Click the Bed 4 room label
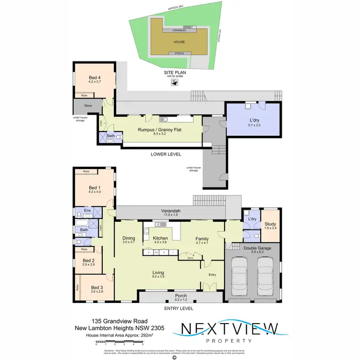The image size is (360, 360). tap(94, 77)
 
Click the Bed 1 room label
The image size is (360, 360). tap(94, 188)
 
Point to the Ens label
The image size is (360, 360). tap(87, 211)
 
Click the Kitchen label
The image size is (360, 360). tap(159, 238)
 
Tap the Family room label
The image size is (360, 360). tap(202, 238)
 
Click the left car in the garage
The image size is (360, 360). tap(239, 278)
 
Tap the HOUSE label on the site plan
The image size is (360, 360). tap(179, 42)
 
